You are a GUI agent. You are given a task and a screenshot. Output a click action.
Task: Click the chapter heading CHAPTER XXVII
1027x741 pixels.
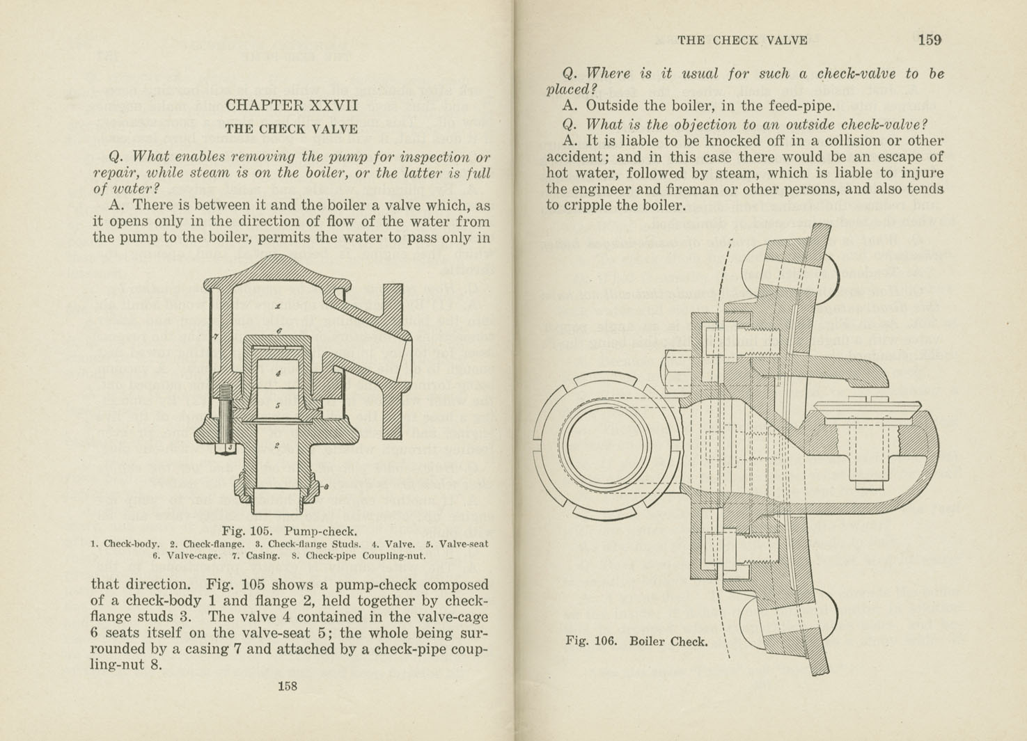(x=291, y=105)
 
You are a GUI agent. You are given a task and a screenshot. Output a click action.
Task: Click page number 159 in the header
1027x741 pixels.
(x=930, y=40)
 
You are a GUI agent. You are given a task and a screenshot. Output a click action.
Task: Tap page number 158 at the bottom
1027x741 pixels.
(x=287, y=686)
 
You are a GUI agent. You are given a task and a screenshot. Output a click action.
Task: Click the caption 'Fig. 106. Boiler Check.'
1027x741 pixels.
(x=636, y=641)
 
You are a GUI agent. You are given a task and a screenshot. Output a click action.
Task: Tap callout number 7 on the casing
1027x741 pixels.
(x=216, y=337)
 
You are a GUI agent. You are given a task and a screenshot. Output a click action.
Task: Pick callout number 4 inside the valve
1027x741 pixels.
(x=278, y=374)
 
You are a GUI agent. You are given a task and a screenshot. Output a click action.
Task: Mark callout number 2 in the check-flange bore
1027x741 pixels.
(x=276, y=446)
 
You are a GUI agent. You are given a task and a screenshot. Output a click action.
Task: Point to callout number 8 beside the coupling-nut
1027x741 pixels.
(x=326, y=486)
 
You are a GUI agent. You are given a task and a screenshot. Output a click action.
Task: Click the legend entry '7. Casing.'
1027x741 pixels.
(x=256, y=555)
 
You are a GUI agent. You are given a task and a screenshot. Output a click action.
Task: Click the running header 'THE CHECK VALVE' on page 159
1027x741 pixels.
(x=742, y=40)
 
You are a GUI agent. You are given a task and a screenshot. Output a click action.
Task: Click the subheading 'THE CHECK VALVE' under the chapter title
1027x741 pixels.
(x=291, y=129)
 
